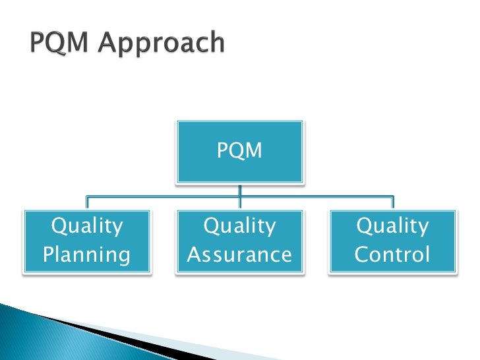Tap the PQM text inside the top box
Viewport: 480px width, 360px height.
click(239, 151)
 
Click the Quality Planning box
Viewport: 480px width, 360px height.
click(87, 241)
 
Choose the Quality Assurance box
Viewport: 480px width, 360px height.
click(239, 241)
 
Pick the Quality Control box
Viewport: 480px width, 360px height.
click(392, 241)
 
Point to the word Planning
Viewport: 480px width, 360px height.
click(87, 255)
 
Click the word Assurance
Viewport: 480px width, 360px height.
click(239, 255)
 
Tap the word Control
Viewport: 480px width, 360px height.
click(392, 255)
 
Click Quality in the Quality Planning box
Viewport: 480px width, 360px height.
click(87, 227)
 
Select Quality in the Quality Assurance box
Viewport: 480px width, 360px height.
click(239, 227)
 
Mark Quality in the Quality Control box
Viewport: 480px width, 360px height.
click(392, 227)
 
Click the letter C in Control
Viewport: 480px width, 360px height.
click(361, 255)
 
